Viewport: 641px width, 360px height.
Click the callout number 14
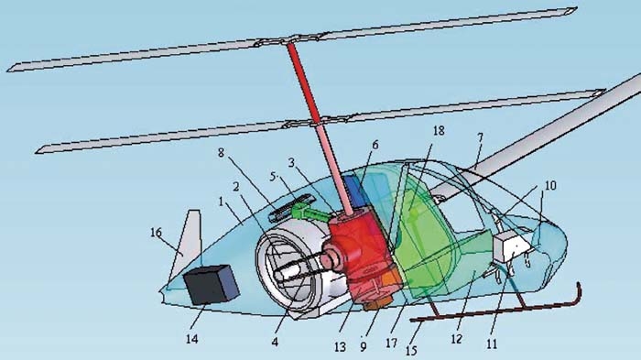(191, 339)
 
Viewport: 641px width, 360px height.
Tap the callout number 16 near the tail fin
(156, 233)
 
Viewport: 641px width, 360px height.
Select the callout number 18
(439, 131)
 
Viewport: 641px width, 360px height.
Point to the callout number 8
(221, 153)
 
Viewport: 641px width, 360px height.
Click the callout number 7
(480, 137)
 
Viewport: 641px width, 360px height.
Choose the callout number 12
(456, 339)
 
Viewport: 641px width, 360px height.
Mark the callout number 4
(275, 342)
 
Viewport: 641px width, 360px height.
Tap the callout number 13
(340, 347)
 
